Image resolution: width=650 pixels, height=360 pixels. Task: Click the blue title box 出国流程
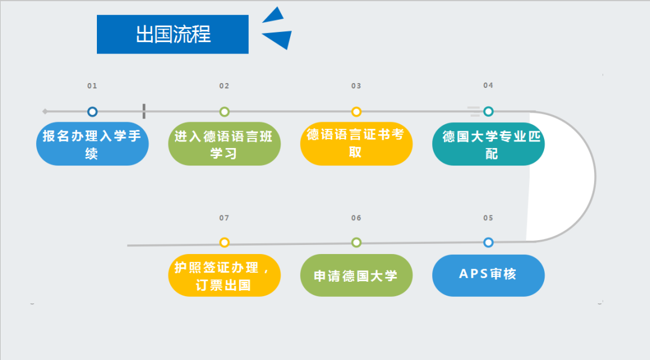[173, 34]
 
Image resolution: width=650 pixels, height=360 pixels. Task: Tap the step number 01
[92, 86]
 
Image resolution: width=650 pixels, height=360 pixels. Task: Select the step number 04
[488, 85]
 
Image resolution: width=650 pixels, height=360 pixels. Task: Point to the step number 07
[224, 218]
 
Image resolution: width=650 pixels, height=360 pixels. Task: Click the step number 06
[356, 218]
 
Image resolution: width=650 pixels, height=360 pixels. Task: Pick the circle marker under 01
[93, 111]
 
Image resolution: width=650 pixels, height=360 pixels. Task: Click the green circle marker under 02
[224, 111]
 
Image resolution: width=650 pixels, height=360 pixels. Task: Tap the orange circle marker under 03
[356, 111]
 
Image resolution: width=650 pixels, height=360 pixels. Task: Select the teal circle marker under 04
[488, 111]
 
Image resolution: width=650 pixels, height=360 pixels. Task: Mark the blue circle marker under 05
[488, 242]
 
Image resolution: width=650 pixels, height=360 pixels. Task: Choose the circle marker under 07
[224, 242]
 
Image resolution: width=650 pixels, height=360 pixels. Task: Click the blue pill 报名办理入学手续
[93, 144]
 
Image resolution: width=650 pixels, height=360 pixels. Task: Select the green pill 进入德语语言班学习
[224, 144]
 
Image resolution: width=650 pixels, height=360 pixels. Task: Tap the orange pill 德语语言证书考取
[356, 144]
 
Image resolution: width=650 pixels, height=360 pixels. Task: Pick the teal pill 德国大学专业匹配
[488, 144]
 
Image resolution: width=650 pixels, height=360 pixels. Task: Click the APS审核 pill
[488, 275]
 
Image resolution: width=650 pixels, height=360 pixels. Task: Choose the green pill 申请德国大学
[356, 275]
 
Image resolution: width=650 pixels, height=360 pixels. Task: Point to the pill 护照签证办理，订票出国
[224, 275]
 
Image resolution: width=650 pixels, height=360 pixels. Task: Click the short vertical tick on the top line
[144, 111]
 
